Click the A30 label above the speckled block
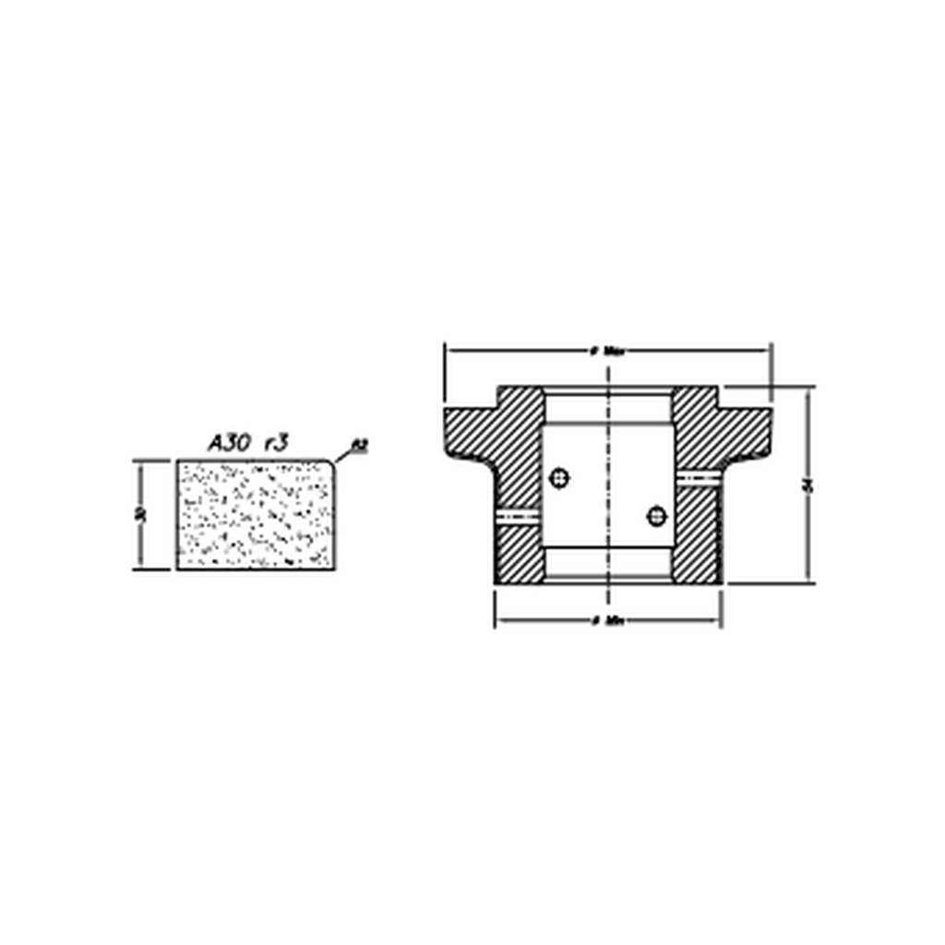coord(227,443)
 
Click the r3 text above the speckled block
coord(276,443)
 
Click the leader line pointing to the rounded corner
coord(343,455)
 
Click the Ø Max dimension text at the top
coord(608,352)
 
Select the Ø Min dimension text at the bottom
coord(608,620)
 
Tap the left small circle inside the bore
coord(559,477)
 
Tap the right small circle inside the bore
coord(656,515)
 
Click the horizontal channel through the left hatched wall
coord(519,515)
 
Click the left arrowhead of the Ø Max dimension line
coord(450,351)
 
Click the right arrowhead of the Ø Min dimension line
coord(716,620)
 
